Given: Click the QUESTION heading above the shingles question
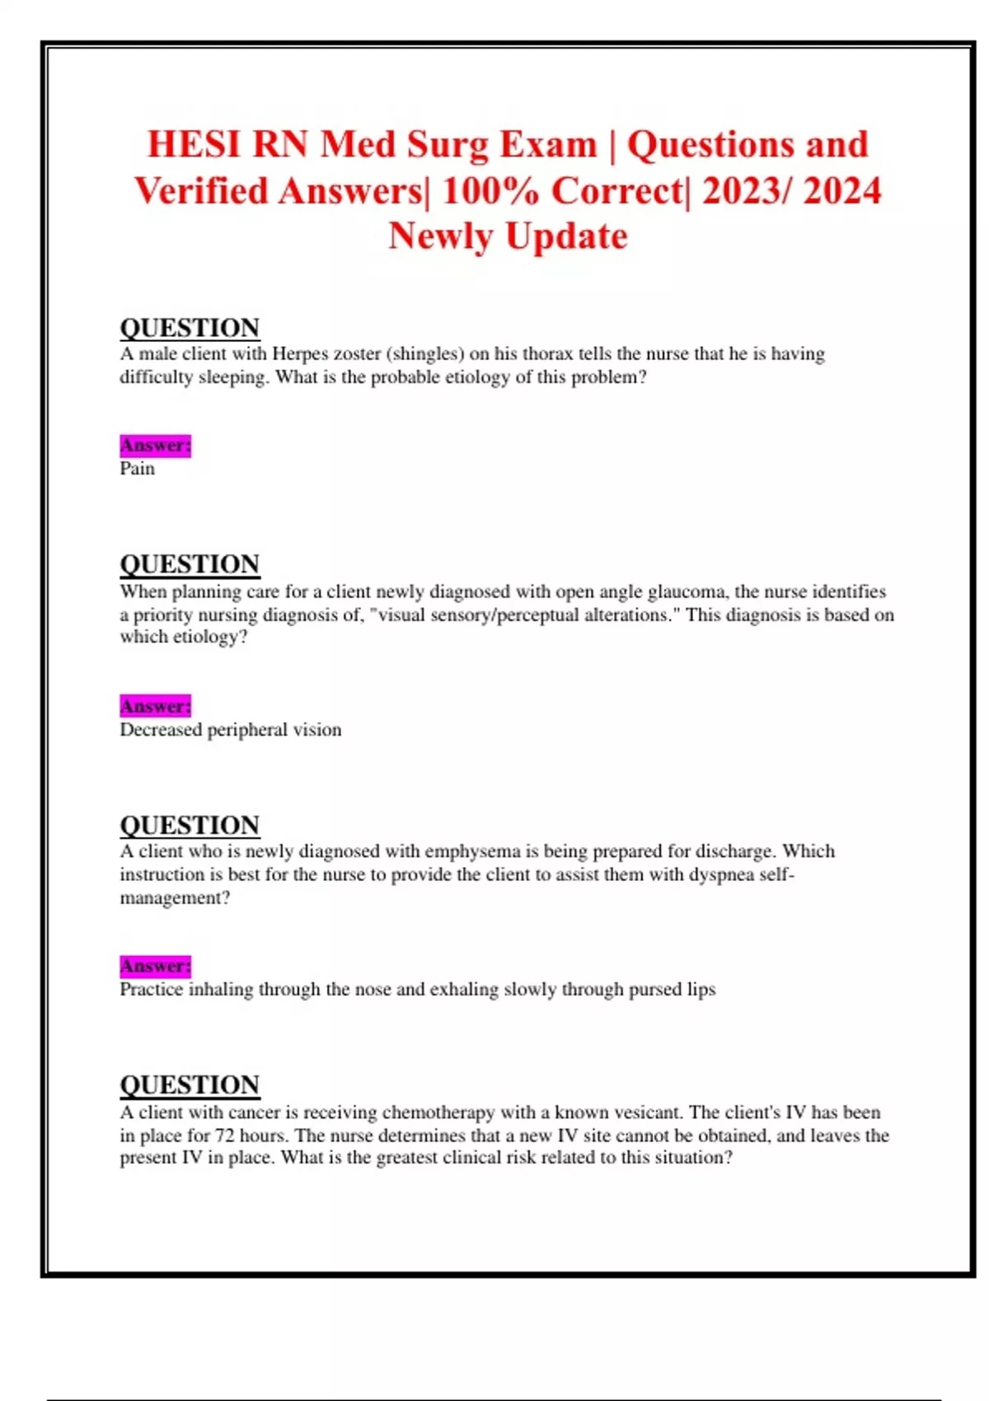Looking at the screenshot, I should (190, 328).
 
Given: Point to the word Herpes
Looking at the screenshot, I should (300, 354).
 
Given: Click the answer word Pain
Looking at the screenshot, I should (137, 469).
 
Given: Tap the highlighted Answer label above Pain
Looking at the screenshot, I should (155, 446).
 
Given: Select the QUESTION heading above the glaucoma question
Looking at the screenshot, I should (190, 565).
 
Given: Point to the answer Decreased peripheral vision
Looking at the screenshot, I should (230, 730).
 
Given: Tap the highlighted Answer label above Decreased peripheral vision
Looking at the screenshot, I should (155, 706).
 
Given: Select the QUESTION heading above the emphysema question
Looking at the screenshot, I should (190, 825).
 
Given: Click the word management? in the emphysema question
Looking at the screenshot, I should (175, 898).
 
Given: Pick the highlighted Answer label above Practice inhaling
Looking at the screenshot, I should (155, 966).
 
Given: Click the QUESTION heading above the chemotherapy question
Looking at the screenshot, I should (190, 1085).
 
